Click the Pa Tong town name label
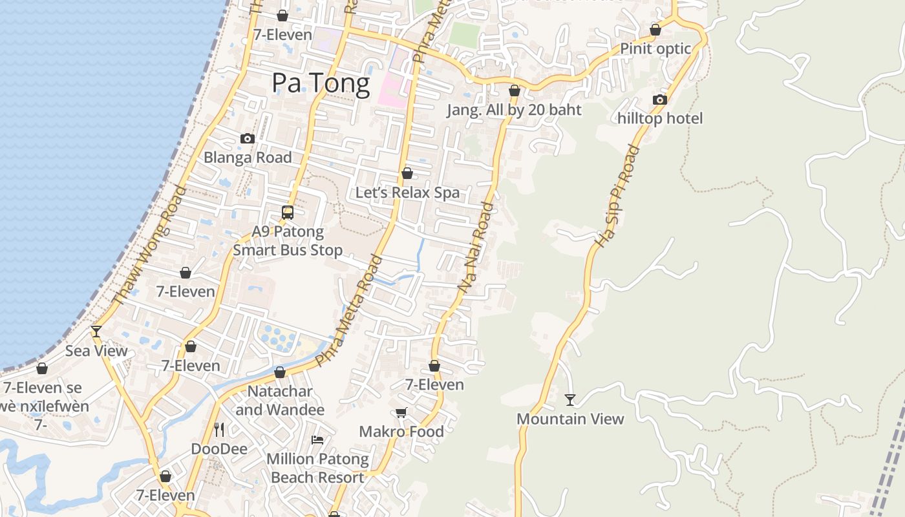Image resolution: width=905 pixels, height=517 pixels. [321, 83]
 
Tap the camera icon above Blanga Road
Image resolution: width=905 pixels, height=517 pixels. [247, 138]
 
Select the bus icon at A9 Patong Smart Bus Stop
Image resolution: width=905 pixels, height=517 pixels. [288, 212]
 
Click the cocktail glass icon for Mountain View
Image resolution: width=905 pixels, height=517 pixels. [570, 400]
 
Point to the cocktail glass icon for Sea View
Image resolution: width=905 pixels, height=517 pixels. [96, 332]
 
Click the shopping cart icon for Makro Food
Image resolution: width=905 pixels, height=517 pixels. [401, 412]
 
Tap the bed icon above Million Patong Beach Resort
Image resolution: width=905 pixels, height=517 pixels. [317, 440]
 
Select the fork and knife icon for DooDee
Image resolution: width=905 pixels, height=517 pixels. [219, 429]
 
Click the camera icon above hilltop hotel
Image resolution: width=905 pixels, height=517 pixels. [659, 100]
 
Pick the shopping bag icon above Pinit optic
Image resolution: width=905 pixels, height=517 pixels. [655, 30]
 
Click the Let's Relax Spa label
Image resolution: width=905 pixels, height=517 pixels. [407, 193]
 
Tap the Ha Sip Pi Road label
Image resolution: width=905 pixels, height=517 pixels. [617, 196]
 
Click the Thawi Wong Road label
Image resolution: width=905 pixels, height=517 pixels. [149, 245]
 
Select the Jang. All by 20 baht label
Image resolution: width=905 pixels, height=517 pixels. [514, 110]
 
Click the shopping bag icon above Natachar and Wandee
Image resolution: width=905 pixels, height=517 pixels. [280, 372]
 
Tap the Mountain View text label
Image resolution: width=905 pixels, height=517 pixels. [570, 419]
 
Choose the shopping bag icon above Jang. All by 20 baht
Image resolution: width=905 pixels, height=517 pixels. [515, 90]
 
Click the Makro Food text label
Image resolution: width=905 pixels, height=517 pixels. [401, 431]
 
